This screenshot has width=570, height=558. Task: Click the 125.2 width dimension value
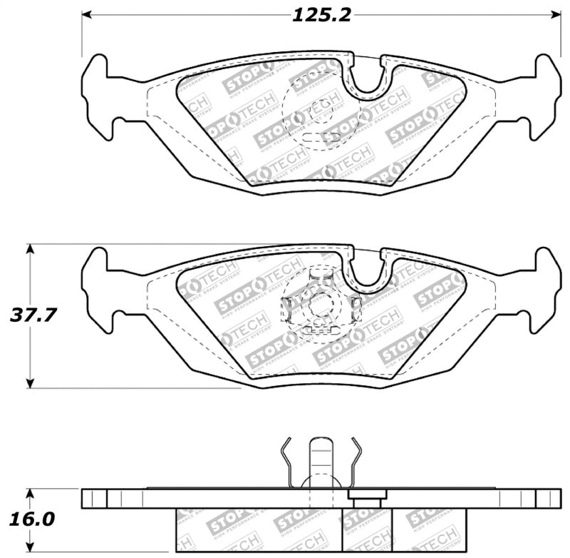321,14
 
